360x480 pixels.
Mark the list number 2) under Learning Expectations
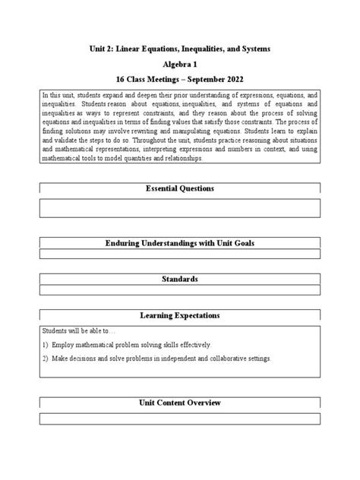[46, 358]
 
